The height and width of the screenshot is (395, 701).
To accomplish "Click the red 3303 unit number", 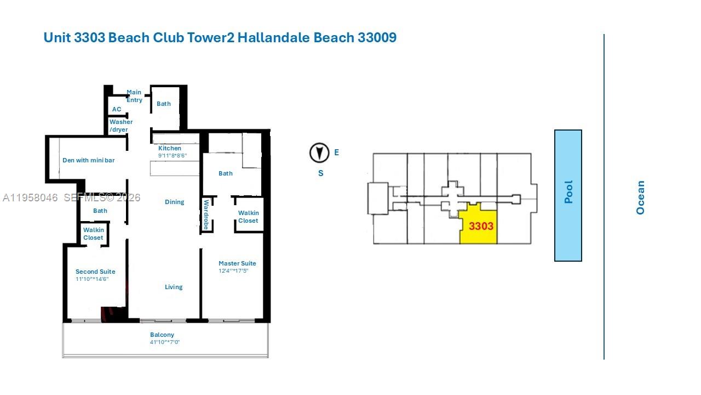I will (481, 226).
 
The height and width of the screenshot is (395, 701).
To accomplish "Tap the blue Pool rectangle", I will (568, 195).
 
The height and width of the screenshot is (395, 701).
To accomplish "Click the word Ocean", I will (640, 198).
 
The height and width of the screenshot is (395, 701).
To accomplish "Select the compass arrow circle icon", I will (319, 153).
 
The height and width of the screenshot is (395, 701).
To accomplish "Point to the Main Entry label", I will (134, 96).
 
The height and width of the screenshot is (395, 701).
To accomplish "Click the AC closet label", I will (117, 110).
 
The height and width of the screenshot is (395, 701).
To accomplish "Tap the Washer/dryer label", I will (120, 126).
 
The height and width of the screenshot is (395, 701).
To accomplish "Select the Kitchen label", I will (170, 149).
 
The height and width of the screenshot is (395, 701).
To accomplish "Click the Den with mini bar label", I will (88, 160).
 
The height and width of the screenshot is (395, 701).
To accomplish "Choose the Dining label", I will (174, 202).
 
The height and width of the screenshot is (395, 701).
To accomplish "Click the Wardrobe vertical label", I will (206, 215).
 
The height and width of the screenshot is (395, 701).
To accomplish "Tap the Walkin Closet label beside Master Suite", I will (248, 217).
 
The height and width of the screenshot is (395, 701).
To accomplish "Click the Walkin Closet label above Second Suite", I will (93, 234).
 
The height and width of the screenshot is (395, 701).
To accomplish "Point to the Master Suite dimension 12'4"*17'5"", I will (233, 271).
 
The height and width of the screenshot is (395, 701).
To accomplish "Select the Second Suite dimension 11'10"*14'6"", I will (92, 279).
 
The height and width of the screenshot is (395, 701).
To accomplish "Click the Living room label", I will (174, 287).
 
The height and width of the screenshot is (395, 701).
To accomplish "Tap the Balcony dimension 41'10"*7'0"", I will (165, 342).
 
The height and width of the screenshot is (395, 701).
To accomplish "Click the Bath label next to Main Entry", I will (164, 104).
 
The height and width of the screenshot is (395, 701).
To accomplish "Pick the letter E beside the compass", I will (336, 153).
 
